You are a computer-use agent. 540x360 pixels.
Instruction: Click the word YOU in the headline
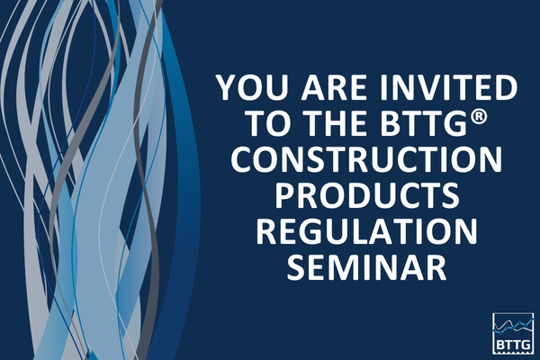tap(249, 91)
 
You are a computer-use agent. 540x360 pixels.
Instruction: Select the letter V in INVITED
tap(425, 91)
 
